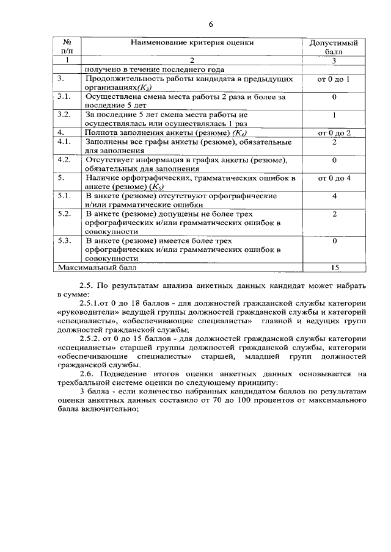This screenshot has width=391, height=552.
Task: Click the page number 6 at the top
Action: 211,25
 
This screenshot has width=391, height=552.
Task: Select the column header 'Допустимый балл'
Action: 334,48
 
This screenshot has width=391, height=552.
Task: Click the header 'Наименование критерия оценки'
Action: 192,43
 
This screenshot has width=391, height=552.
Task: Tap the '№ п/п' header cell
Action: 68,48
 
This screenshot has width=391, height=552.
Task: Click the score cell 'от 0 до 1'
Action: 334,80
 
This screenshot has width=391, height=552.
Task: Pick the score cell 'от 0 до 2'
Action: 334,132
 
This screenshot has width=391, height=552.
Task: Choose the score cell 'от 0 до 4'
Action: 334,178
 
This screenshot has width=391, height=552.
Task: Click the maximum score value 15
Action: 334,267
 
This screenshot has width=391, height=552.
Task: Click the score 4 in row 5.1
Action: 334,196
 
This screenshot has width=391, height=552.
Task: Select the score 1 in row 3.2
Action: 334,115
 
